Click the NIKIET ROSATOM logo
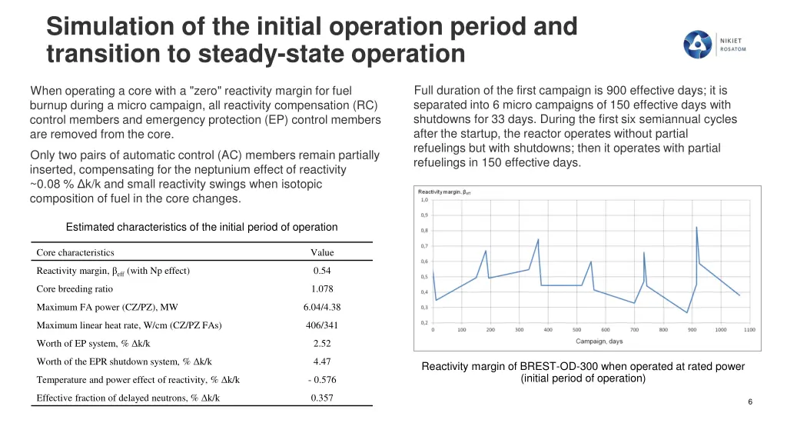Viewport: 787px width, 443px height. click(x=715, y=44)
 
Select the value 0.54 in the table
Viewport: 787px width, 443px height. click(x=322, y=271)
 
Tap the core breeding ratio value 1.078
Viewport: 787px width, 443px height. click(x=322, y=289)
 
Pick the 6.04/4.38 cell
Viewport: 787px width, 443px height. click(x=322, y=307)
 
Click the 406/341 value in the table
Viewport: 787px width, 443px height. click(x=322, y=325)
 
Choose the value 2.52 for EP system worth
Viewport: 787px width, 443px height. click(x=322, y=344)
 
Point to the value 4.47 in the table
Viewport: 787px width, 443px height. click(x=322, y=361)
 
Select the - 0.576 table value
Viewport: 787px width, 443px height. click(x=322, y=380)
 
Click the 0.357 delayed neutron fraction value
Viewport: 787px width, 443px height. click(x=322, y=398)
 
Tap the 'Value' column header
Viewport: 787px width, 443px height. click(x=322, y=252)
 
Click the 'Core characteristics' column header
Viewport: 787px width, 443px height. click(x=75, y=252)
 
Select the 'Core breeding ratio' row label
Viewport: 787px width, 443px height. click(x=75, y=289)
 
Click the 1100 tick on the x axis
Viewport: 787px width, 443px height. click(x=749, y=330)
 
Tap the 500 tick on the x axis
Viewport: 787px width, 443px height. click(x=576, y=330)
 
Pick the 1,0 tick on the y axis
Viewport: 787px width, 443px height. click(x=424, y=200)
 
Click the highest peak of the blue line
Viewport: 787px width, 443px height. click(x=696, y=227)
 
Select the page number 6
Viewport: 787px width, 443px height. click(x=750, y=403)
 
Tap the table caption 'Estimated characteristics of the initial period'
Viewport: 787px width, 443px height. click(x=201, y=227)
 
